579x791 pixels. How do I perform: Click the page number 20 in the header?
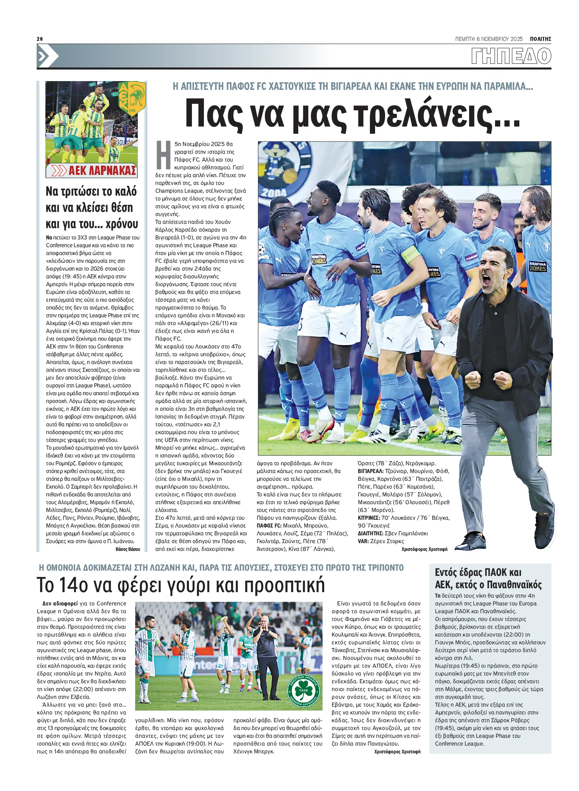tap(40, 39)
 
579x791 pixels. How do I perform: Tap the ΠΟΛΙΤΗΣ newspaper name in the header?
tap(540, 39)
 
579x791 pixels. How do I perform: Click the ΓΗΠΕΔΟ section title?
tap(511, 56)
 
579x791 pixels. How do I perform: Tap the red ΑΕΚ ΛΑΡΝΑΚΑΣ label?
tap(102, 171)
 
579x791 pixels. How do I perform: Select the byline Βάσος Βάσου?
tap(128, 549)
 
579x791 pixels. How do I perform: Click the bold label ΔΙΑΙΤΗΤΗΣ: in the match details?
tap(370, 533)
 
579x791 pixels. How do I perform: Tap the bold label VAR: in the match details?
tap(363, 541)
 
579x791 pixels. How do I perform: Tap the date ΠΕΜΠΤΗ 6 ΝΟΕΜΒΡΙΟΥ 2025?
tap(489, 39)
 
